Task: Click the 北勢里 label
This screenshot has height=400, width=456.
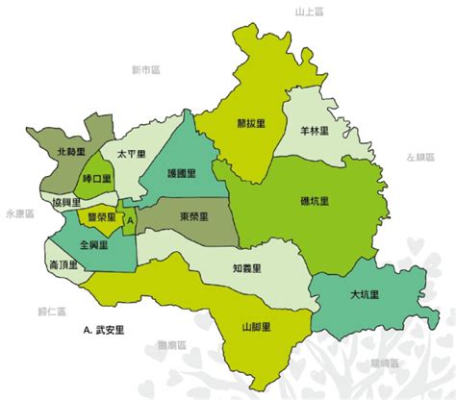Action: tap(71, 153)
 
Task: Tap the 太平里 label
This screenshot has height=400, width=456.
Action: tap(131, 154)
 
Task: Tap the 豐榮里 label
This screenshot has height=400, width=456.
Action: tap(101, 217)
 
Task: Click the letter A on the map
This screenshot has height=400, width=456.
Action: tap(131, 219)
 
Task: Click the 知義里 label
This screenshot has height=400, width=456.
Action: tap(247, 269)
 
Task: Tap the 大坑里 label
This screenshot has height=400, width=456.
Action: tap(364, 294)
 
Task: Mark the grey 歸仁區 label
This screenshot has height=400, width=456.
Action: tap(50, 312)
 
